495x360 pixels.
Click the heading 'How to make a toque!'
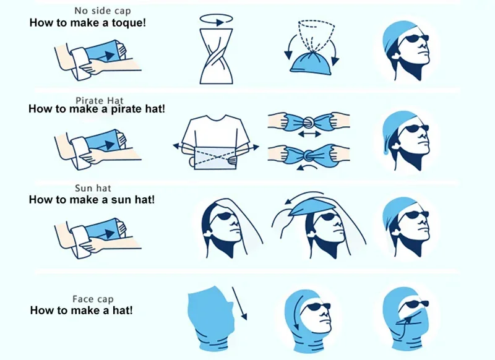coord(88,23)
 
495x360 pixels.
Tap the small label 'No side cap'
coord(103,11)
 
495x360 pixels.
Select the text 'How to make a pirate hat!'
coord(97,109)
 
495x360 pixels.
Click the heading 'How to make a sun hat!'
coord(92,200)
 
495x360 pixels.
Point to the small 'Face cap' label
coord(93,299)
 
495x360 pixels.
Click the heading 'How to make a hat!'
coord(82,311)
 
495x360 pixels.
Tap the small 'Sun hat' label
coord(93,189)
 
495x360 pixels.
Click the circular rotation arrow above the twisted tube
coord(216,20)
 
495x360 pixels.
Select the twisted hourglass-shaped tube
coord(216,56)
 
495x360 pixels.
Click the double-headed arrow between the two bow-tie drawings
coord(309,135)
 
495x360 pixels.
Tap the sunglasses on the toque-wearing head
coord(416,39)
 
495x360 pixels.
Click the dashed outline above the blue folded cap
coord(316,35)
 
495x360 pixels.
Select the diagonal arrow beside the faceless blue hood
coord(239,304)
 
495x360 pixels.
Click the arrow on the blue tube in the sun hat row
coord(110,234)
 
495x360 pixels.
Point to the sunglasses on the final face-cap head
coord(416,304)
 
